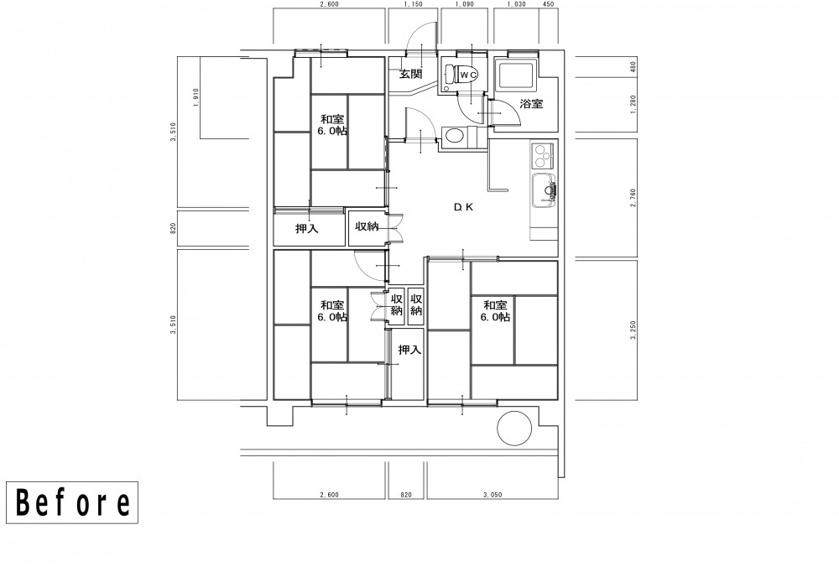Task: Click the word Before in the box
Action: (72, 503)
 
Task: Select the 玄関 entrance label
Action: (411, 73)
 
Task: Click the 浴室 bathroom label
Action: (531, 104)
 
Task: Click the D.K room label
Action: (463, 207)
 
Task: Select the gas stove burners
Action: (541, 154)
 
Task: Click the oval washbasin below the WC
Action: (454, 135)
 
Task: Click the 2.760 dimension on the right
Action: (633, 198)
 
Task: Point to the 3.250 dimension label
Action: (633, 330)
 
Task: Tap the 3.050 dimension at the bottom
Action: (492, 495)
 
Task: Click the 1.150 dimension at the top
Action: (413, 4)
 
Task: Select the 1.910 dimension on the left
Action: (195, 98)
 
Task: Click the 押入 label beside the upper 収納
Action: (307, 229)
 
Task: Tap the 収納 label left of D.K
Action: (367, 226)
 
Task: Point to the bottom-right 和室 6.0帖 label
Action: (496, 311)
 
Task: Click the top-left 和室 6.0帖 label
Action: (332, 125)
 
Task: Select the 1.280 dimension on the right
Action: (633, 104)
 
